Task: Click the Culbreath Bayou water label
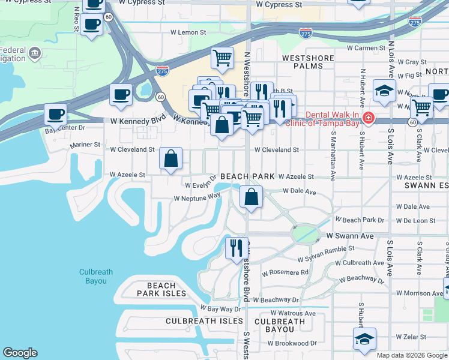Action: [95, 276]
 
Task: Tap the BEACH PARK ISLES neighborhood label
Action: [161, 290]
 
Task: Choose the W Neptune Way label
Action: [197, 197]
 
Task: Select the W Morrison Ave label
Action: [419, 293]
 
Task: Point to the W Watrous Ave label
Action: [292, 313]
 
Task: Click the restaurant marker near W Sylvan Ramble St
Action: [236, 247]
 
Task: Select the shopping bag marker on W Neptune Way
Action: [251, 196]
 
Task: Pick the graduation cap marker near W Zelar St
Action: [364, 338]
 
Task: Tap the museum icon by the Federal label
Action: [34, 55]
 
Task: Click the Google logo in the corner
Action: [20, 353]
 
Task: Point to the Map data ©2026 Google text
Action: [412, 355]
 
